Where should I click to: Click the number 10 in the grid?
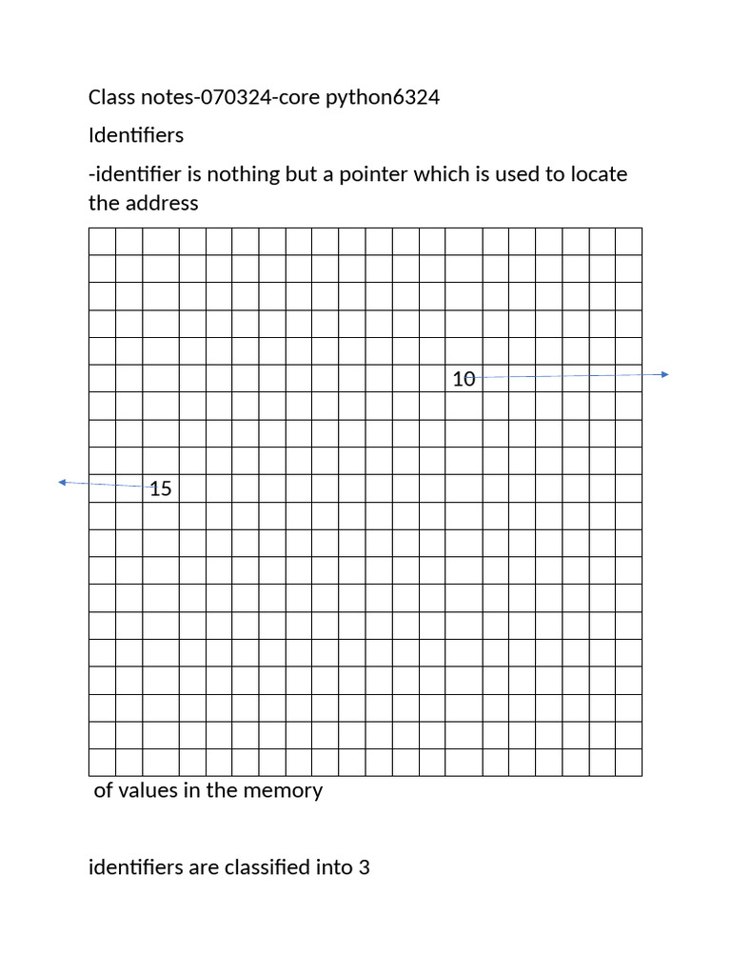[464, 379]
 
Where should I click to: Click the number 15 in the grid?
[161, 488]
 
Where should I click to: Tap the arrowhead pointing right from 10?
[665, 374]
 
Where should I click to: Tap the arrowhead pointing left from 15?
[63, 483]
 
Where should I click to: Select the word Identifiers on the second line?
[135, 135]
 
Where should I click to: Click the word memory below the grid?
[285, 790]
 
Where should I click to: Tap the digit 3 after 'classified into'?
[364, 867]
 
